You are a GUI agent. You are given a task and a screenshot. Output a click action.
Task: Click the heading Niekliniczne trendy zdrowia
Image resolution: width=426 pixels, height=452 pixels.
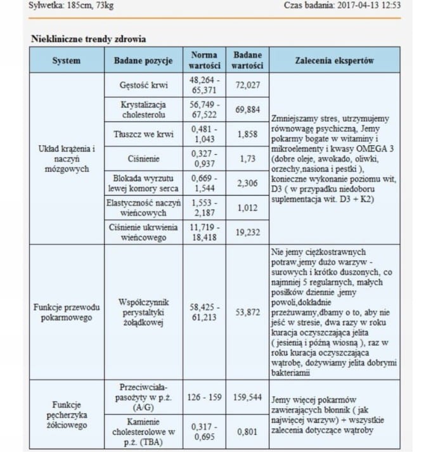click(89, 39)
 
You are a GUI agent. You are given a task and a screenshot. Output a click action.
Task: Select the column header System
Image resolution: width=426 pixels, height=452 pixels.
click(67, 60)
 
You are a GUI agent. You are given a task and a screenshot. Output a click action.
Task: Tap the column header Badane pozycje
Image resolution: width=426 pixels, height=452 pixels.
click(143, 60)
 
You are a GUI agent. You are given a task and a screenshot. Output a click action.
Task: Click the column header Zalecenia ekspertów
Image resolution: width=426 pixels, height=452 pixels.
click(334, 60)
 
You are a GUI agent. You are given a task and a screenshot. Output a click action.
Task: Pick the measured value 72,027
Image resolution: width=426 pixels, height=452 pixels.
click(247, 84)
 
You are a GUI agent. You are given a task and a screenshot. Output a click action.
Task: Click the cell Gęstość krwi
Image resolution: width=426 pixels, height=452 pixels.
click(143, 84)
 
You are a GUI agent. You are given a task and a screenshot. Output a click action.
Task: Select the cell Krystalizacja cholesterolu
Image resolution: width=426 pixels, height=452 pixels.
click(143, 109)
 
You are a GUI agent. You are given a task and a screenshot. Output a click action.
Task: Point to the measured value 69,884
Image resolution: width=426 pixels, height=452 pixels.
click(247, 109)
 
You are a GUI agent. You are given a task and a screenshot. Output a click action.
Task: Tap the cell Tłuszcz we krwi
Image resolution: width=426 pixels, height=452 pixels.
click(143, 134)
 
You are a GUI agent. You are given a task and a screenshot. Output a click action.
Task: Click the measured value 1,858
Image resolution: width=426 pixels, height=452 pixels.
click(247, 134)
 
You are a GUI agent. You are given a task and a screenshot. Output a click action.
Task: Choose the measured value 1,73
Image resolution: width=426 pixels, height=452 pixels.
click(247, 159)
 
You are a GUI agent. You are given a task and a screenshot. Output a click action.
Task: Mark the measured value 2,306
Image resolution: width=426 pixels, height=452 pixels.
click(247, 183)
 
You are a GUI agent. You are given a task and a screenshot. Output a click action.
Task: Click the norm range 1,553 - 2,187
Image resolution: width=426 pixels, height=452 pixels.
click(205, 208)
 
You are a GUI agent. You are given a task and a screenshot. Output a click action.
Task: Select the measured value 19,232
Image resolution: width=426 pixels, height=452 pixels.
click(247, 233)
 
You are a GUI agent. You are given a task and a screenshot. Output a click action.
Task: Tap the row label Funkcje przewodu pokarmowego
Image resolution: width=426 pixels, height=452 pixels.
click(67, 312)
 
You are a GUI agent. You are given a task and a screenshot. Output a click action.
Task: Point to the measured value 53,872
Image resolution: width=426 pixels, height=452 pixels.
click(247, 312)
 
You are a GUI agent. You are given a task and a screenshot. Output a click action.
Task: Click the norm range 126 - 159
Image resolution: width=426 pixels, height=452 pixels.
click(205, 397)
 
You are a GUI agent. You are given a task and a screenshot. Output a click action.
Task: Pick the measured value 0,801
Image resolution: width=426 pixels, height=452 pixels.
click(247, 432)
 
